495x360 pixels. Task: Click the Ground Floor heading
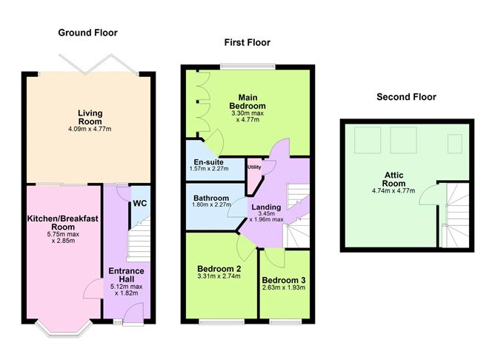click(x=87, y=33)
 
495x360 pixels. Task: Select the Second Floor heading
click(x=406, y=97)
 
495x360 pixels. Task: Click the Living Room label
click(x=90, y=117)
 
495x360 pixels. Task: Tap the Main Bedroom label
click(x=251, y=101)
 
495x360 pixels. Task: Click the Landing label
click(x=266, y=207)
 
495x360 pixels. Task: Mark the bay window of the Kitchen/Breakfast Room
click(x=62, y=324)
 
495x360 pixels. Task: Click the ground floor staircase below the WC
click(x=139, y=241)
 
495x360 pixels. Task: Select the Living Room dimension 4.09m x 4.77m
click(x=90, y=128)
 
